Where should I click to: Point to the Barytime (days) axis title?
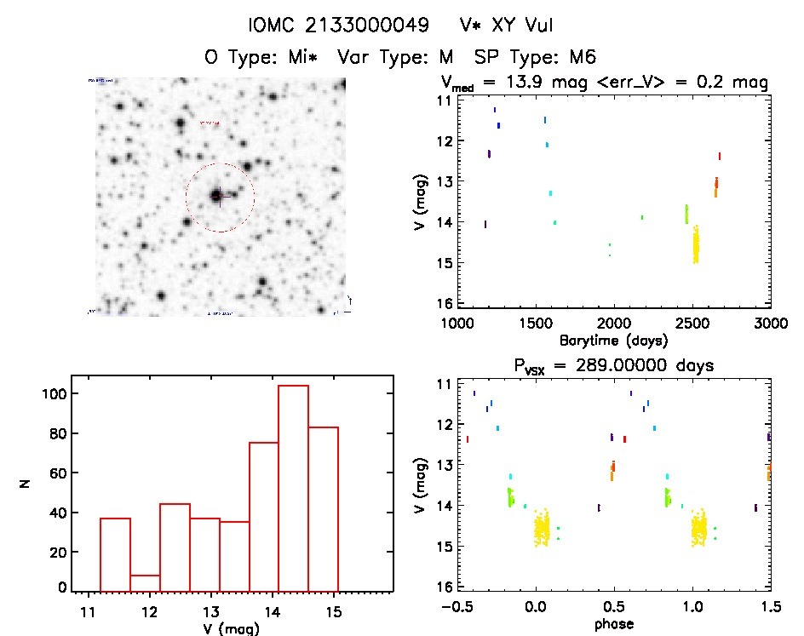tap(613, 340)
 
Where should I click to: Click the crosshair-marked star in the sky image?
tap(217, 196)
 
